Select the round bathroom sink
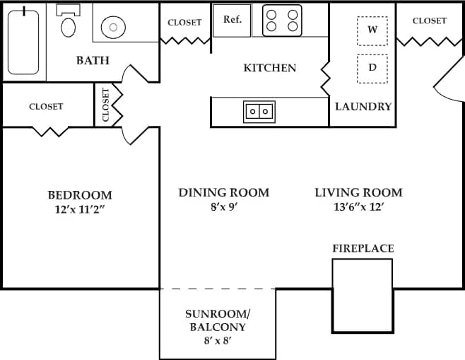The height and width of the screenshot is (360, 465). [x=113, y=28]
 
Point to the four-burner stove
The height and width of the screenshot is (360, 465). [x=282, y=21]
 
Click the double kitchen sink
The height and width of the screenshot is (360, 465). [x=259, y=111]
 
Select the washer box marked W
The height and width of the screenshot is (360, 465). [x=372, y=30]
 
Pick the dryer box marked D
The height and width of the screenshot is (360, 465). [x=372, y=69]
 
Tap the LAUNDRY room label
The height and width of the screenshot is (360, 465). [x=363, y=107]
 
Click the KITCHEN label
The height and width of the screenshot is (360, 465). [x=269, y=68]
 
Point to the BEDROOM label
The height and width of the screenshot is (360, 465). [x=80, y=195]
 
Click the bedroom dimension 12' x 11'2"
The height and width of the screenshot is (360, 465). [x=80, y=210]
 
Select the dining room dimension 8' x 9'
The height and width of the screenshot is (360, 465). [x=223, y=207]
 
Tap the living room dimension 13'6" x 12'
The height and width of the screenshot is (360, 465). [x=358, y=207]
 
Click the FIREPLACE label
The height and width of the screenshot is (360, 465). [x=363, y=248]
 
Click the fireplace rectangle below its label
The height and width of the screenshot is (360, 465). [x=363, y=295]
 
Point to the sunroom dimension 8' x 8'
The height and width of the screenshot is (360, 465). [x=218, y=341]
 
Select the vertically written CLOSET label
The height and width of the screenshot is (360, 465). [x=106, y=105]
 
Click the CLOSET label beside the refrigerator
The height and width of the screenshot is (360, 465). [x=184, y=23]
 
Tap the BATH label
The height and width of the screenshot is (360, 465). [x=93, y=60]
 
